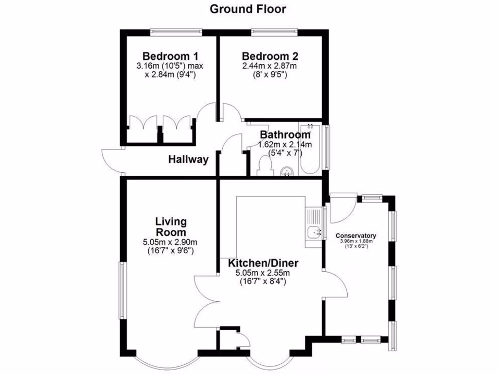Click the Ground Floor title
248,9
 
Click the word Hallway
189,159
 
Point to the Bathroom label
285,135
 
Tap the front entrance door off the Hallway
111,161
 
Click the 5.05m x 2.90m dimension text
170,243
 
